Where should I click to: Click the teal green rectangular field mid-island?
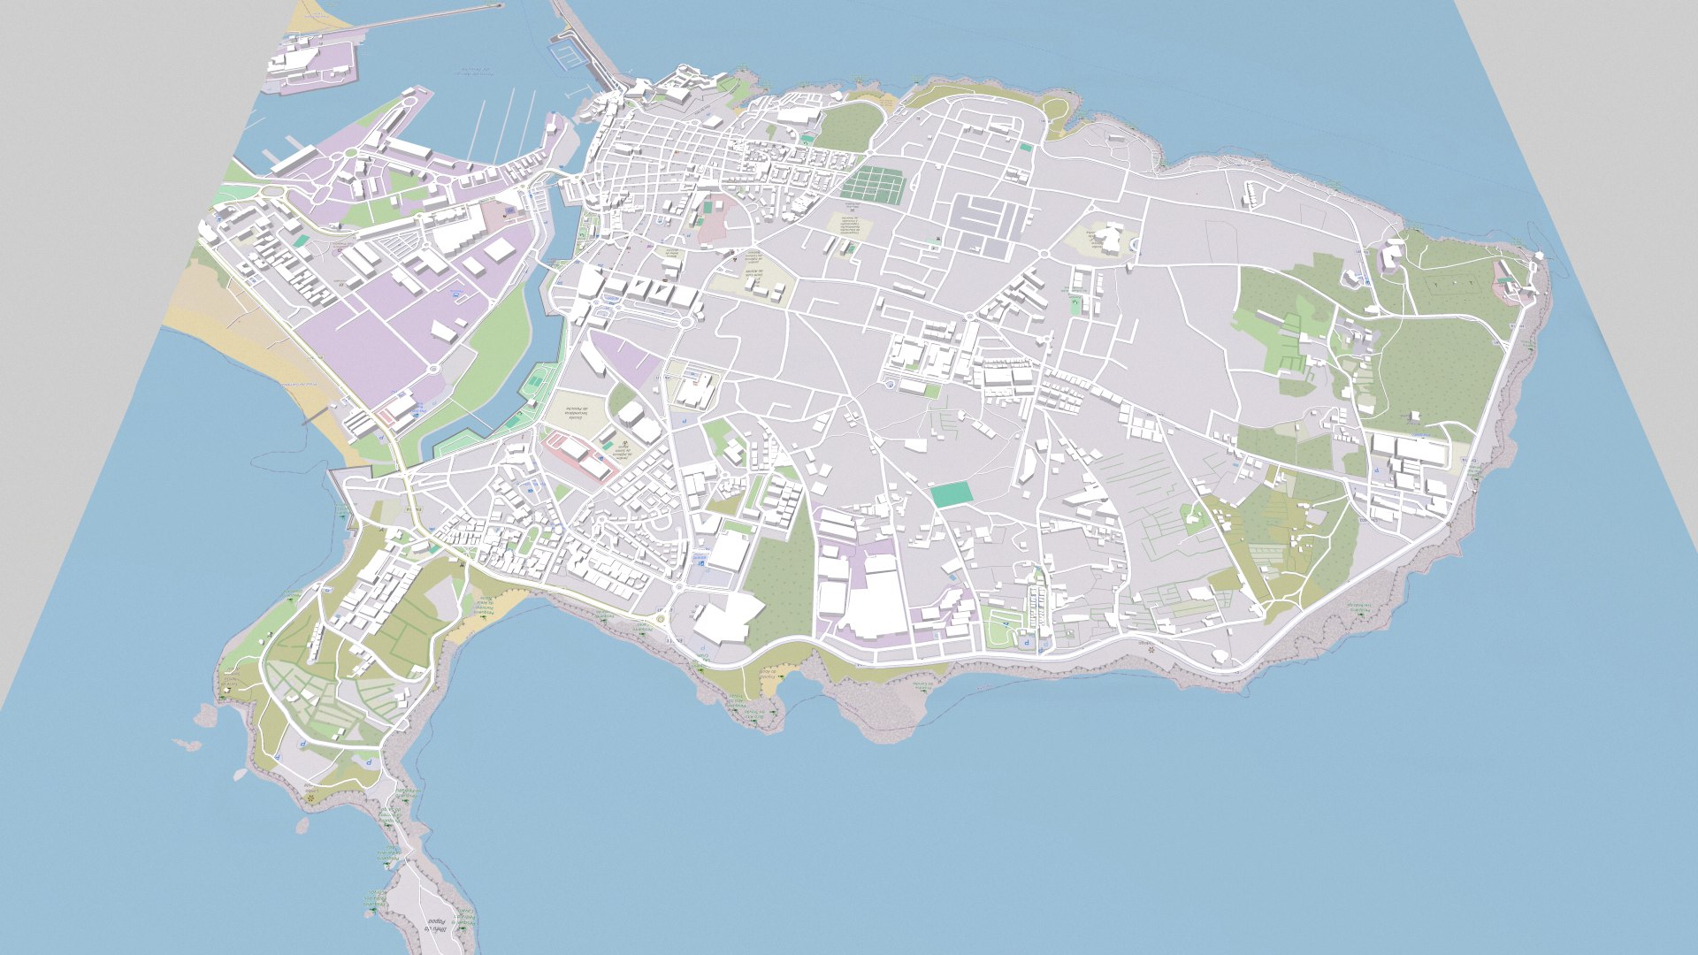click(x=951, y=494)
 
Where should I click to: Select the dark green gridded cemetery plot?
click(x=874, y=185)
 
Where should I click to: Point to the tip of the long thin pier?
click(x=501, y=5)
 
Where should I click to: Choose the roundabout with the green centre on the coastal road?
click(x=660, y=619)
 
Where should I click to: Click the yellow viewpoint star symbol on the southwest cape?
click(x=311, y=798)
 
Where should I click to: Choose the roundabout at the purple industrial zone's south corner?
click(x=433, y=369)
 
